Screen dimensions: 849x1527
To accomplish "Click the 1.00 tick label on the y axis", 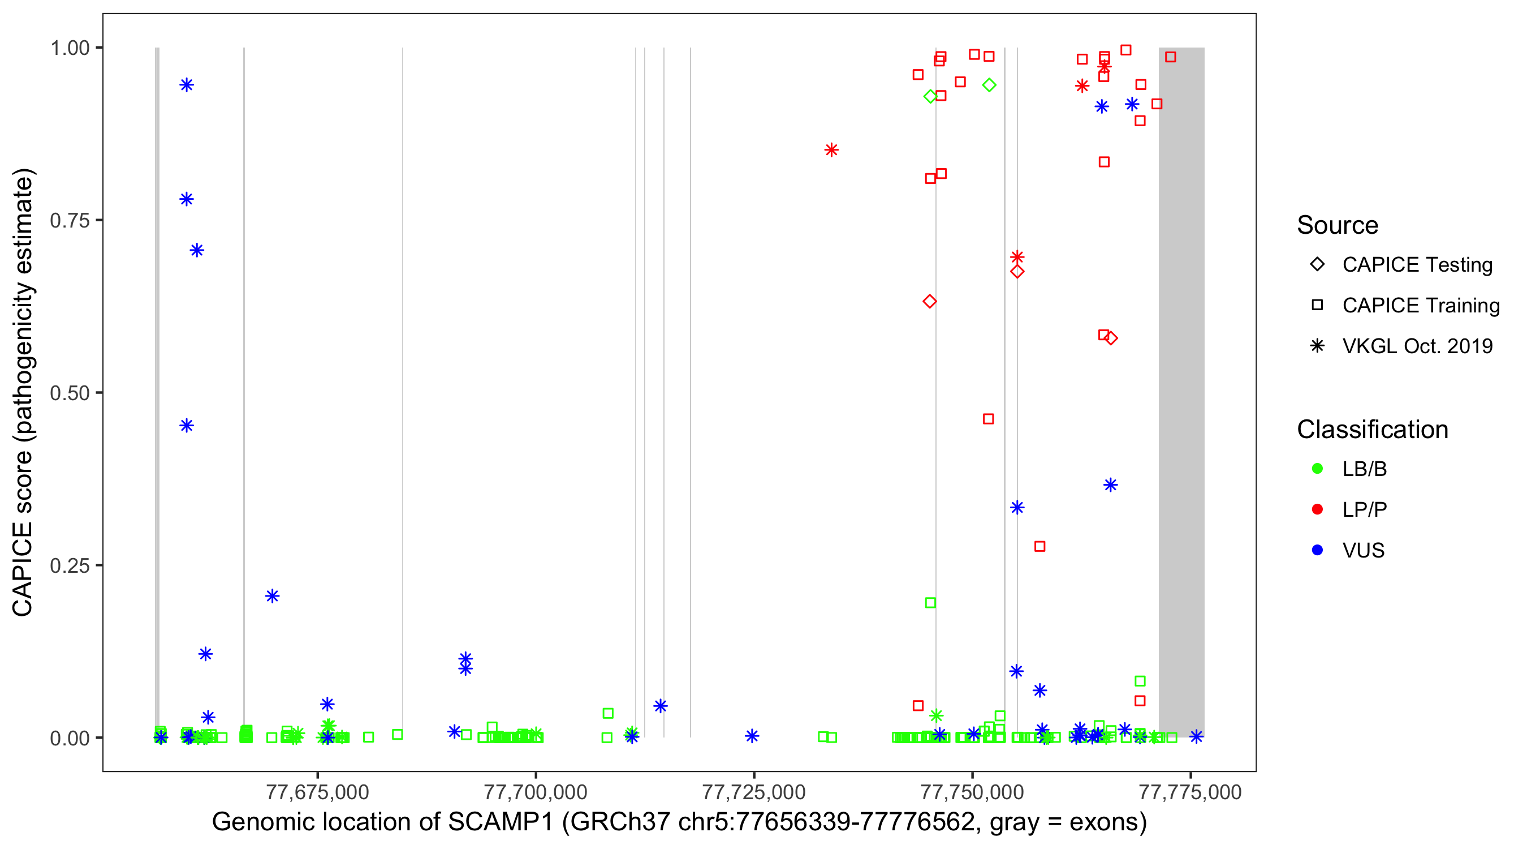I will coord(70,48).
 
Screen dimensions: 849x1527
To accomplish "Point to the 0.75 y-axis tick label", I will coord(70,221).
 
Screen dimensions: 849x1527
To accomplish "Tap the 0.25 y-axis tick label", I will coord(70,565).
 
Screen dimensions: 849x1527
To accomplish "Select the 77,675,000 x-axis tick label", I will coord(318,792).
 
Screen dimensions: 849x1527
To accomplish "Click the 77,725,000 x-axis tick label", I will coord(754,792).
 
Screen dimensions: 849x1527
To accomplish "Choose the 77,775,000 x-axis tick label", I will coord(1190,792).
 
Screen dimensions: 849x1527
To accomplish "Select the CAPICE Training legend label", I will coord(1421,306).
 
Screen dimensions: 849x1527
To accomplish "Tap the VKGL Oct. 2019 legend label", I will coord(1417,346).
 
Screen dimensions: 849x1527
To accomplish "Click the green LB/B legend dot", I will coord(1317,469).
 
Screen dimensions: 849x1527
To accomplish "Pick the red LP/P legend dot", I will coord(1317,509).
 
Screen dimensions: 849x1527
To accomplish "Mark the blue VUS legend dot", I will coord(1317,551).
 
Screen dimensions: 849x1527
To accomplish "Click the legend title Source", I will coord(1338,225).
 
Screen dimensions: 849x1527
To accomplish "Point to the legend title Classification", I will coord(1372,430).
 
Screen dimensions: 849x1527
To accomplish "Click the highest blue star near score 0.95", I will coord(187,85).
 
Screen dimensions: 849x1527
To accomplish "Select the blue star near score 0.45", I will coord(187,426).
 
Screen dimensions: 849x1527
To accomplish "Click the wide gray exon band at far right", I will coord(1181,392).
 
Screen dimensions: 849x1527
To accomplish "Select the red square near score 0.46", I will coord(988,419).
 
